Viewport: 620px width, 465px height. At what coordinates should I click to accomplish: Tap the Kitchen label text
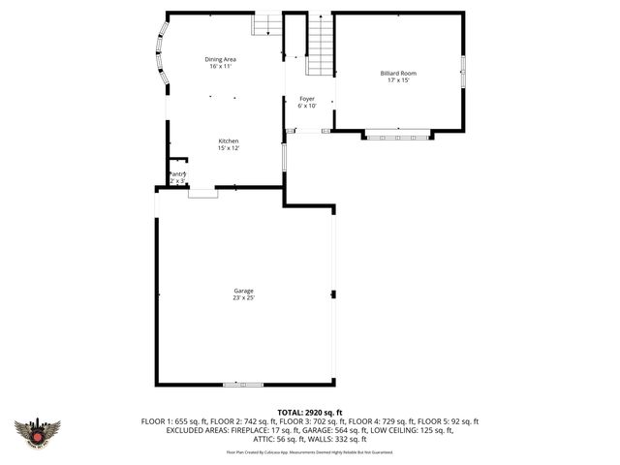228,140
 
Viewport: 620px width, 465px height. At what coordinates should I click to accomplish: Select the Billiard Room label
398,73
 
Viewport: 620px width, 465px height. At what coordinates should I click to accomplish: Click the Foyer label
307,98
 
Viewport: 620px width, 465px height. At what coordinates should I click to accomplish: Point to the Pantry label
176,174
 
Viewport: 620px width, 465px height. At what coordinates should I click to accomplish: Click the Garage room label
243,291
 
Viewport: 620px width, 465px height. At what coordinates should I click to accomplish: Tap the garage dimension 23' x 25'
243,297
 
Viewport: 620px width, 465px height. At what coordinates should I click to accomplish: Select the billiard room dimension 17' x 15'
398,79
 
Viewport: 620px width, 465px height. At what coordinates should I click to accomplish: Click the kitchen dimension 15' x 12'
228,148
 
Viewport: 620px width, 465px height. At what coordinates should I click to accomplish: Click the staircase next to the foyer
321,46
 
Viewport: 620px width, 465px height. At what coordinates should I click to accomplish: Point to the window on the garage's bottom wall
243,385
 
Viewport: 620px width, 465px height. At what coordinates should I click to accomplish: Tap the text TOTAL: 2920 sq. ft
310,413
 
